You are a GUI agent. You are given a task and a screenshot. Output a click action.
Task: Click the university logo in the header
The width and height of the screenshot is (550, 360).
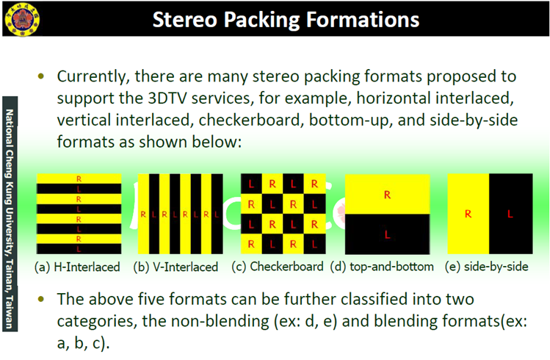coord(22,18)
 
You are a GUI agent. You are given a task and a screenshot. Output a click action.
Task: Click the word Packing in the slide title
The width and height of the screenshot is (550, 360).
coord(261,20)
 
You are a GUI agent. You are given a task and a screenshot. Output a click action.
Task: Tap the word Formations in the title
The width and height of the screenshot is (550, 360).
coord(363,19)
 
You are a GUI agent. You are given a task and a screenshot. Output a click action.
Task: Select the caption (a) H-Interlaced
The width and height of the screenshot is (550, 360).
coord(77,267)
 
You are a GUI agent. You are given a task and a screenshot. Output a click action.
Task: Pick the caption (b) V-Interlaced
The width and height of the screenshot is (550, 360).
coord(176,267)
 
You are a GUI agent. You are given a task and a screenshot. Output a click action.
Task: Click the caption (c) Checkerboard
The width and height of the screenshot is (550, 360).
coord(278,267)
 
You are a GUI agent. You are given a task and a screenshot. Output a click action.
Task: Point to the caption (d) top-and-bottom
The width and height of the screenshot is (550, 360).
coord(382,267)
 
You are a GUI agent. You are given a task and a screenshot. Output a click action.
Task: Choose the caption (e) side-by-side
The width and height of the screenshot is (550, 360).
coord(487,267)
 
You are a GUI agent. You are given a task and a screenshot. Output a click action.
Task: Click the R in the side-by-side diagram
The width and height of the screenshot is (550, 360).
coord(468,214)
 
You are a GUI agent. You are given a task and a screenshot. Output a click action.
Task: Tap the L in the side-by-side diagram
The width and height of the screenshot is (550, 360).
coord(510,214)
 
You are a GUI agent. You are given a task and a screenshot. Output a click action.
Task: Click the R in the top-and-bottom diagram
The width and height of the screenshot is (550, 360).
coord(387,195)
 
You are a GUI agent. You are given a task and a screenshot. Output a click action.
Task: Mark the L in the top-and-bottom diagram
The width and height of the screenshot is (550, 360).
coord(387,234)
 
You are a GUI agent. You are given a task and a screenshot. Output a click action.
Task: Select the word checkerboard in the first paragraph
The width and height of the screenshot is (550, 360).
coord(250,120)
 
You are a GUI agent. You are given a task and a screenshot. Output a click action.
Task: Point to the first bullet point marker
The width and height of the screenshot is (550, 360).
coord(41,76)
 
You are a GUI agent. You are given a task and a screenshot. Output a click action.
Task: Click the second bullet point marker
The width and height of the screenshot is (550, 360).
coord(41,299)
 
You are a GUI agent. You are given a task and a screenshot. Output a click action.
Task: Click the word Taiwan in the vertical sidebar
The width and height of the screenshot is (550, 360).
coord(10,312)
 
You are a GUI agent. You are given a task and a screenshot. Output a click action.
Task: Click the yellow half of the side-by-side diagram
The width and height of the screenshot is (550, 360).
coord(468,214)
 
